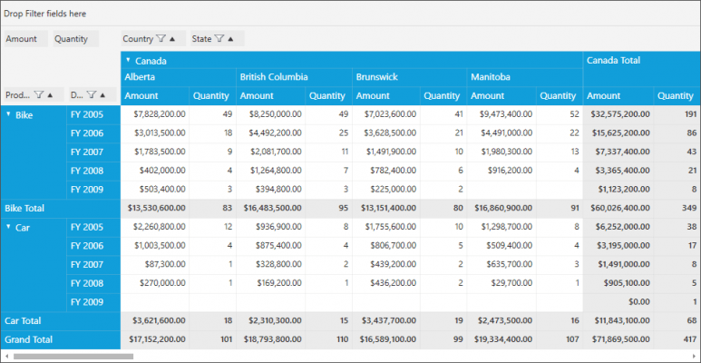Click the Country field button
[138, 39]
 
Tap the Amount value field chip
[21, 39]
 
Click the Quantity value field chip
[71, 39]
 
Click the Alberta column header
[140, 77]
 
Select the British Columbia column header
[273, 77]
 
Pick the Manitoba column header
[490, 77]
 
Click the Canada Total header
[614, 61]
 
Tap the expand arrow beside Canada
[129, 61]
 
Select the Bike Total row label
[24, 208]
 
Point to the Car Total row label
[24, 320]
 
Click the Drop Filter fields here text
[45, 14]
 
